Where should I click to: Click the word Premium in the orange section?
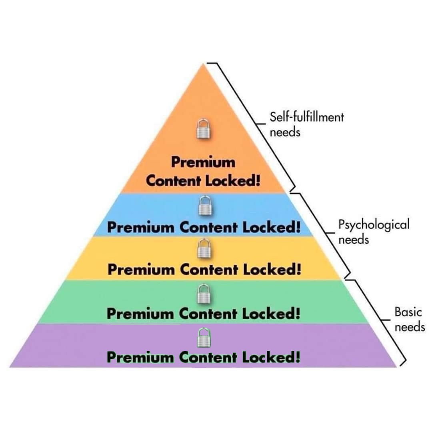coord(203,163)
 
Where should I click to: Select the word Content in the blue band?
coord(208,228)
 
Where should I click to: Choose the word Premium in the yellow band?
coord(142,270)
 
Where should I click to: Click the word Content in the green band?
coord(208,314)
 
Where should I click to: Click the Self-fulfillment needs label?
coord(306,124)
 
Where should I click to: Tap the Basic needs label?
coord(409,319)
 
